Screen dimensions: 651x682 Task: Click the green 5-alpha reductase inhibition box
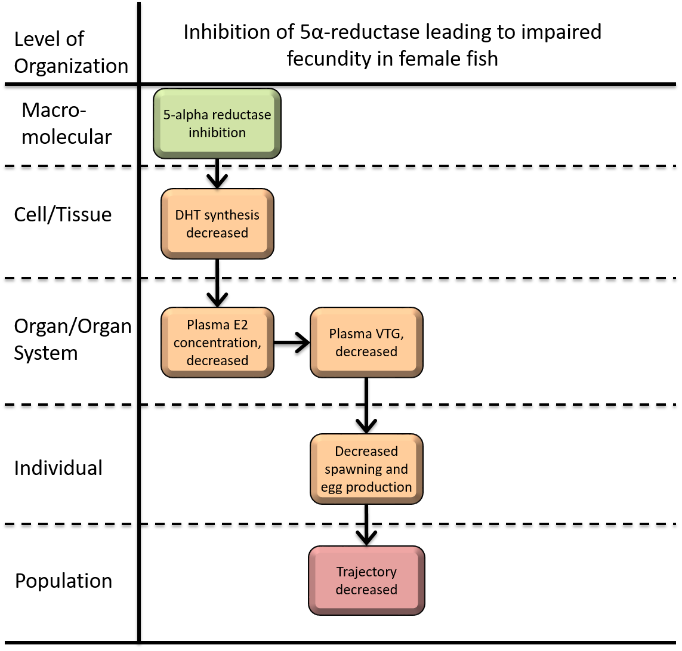(217, 123)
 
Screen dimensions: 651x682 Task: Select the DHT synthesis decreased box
(217, 223)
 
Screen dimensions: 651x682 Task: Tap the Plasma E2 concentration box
(217, 342)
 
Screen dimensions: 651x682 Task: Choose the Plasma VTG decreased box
(366, 342)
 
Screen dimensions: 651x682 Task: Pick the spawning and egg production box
(366, 468)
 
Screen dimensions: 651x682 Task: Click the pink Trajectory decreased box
(366, 580)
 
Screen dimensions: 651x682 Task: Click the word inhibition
(217, 132)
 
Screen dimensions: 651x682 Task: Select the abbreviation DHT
(186, 215)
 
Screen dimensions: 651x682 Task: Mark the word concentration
(216, 343)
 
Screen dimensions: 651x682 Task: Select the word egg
(332, 488)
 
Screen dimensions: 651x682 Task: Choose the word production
(379, 488)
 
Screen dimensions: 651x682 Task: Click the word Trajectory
(366, 572)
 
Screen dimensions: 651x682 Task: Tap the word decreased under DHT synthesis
(217, 233)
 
